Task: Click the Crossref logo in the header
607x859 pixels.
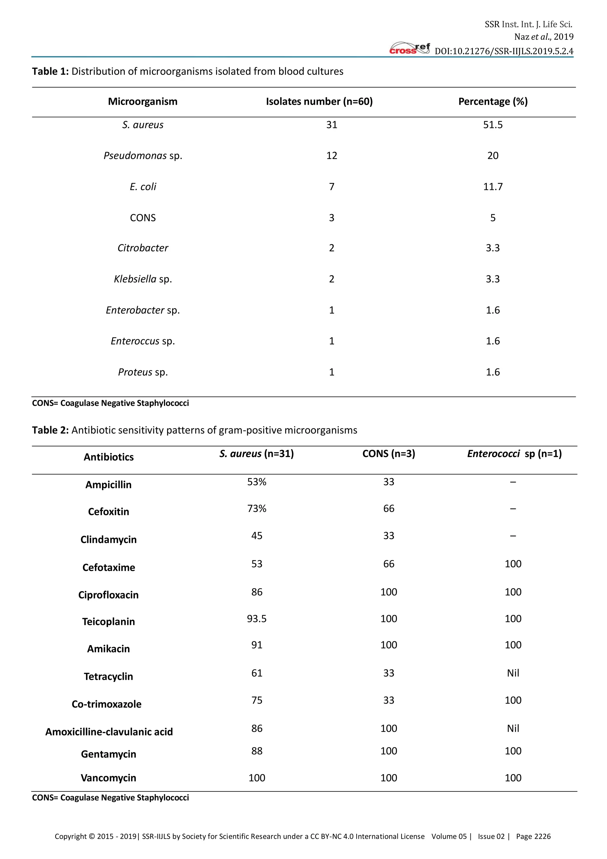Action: pos(409,49)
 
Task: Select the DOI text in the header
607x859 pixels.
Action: pos(504,51)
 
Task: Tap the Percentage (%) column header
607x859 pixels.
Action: pos(493,101)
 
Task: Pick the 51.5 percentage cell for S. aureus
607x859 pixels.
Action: pos(493,125)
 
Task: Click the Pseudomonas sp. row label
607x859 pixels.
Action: pos(143,156)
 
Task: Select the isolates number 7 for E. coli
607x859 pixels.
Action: pos(332,186)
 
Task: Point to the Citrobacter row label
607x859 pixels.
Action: pos(143,248)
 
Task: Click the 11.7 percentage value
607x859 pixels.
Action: pos(493,186)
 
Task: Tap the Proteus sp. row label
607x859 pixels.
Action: pos(143,372)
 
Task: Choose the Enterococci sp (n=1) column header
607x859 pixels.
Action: pos(514,454)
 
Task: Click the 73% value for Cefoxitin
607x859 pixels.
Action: pos(256,508)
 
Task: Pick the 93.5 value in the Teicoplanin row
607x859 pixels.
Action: pos(256,618)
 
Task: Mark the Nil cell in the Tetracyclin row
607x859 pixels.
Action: pos(513,673)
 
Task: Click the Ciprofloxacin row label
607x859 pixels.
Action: pos(108,595)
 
